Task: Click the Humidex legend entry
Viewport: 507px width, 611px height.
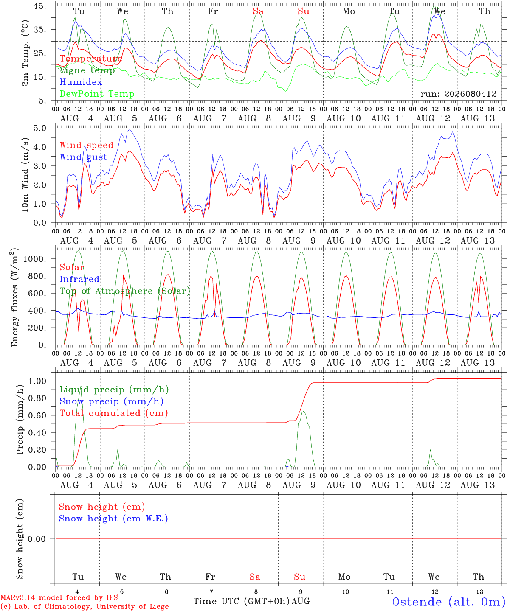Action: (x=81, y=82)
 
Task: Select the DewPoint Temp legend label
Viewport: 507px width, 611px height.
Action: (x=97, y=94)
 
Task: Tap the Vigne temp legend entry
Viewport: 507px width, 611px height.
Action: (x=87, y=70)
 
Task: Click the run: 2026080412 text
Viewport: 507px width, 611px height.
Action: (x=458, y=94)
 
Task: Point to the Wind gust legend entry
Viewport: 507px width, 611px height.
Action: (x=83, y=157)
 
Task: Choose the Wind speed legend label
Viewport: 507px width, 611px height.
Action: (x=86, y=145)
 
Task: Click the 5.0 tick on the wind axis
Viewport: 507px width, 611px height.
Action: (x=39, y=128)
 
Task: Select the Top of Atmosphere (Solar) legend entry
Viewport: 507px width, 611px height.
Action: (x=125, y=291)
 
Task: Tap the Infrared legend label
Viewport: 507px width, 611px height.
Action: (x=79, y=279)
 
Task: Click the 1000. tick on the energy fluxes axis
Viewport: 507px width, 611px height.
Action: (x=35, y=259)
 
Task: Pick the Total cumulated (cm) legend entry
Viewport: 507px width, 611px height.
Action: (x=114, y=413)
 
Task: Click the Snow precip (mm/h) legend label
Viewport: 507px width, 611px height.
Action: (x=111, y=401)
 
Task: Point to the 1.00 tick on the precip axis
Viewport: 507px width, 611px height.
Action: (x=37, y=381)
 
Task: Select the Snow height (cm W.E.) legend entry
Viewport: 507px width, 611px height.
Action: (x=113, y=518)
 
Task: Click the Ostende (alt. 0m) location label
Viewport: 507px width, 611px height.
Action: (x=449, y=602)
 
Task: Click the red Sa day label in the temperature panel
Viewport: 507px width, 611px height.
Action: (x=258, y=11)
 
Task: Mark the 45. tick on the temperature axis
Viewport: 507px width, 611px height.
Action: (x=39, y=6)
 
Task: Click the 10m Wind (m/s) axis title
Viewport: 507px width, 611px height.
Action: (x=25, y=175)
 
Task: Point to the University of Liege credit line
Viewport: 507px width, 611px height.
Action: (x=84, y=606)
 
